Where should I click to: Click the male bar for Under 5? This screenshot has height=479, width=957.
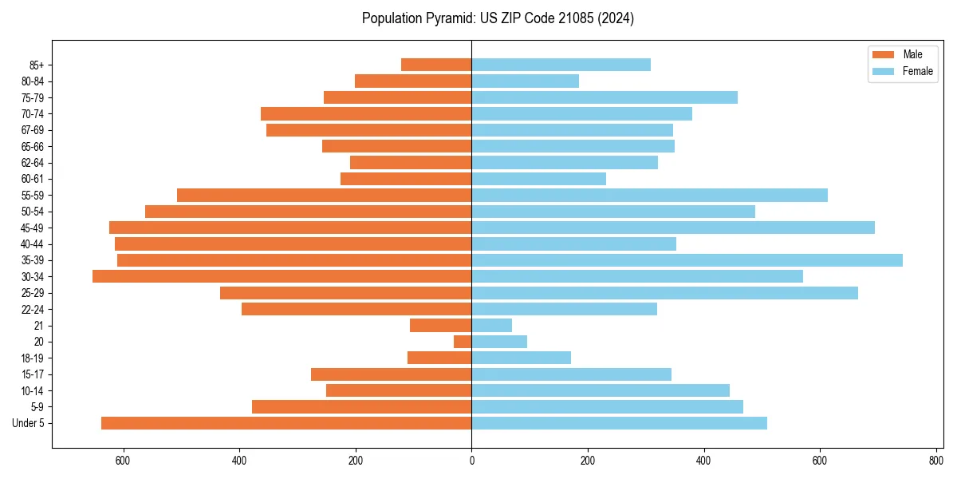point(286,423)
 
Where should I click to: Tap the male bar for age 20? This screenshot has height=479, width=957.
point(463,342)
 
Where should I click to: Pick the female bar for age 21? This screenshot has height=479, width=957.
point(491,326)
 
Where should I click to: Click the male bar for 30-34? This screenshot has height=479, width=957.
point(282,276)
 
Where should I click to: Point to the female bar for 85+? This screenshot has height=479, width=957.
point(561,65)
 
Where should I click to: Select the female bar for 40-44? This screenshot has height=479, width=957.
point(573,244)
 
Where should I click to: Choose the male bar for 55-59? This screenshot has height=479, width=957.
point(324,196)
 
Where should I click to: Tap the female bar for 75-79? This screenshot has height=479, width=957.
point(605,97)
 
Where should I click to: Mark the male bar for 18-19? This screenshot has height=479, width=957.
point(439,358)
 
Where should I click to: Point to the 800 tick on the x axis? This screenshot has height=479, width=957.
point(935,461)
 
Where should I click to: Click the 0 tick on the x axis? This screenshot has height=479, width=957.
point(471,461)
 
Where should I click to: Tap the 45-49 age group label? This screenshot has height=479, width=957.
point(33,228)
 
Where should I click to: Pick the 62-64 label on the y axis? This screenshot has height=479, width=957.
point(33,163)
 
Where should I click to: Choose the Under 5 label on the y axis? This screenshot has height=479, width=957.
point(29,423)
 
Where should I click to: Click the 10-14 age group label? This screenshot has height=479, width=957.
point(33,390)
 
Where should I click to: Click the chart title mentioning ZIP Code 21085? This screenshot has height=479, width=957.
point(498,18)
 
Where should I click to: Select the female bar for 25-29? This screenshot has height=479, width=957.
point(664,293)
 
